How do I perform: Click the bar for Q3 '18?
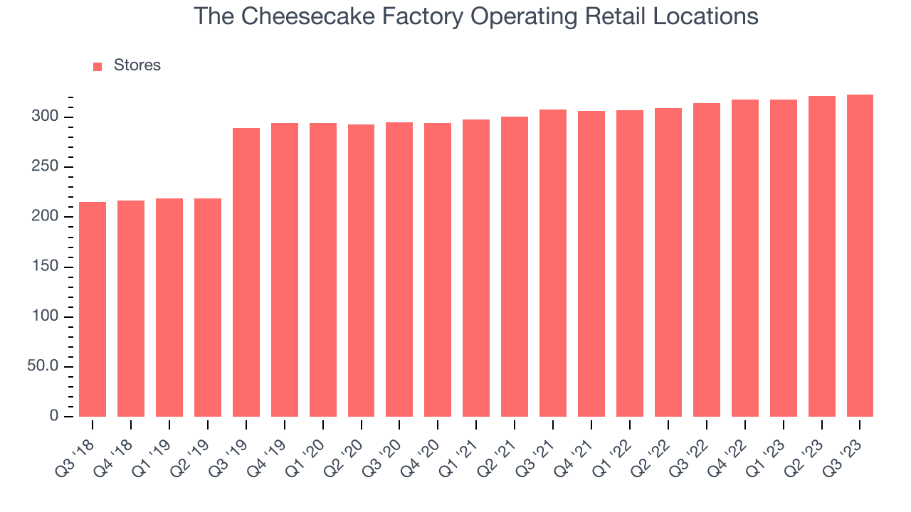93,309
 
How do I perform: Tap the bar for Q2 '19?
208,307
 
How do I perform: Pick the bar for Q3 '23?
860,255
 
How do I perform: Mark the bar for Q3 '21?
553,263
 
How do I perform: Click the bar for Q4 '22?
744,258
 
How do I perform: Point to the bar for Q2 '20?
361,270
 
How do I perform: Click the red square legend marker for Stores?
98,66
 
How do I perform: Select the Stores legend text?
137,65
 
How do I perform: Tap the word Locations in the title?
707,16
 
